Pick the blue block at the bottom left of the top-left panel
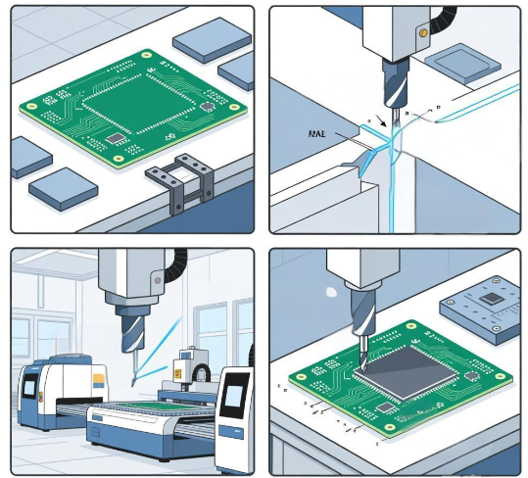point(63,187)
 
